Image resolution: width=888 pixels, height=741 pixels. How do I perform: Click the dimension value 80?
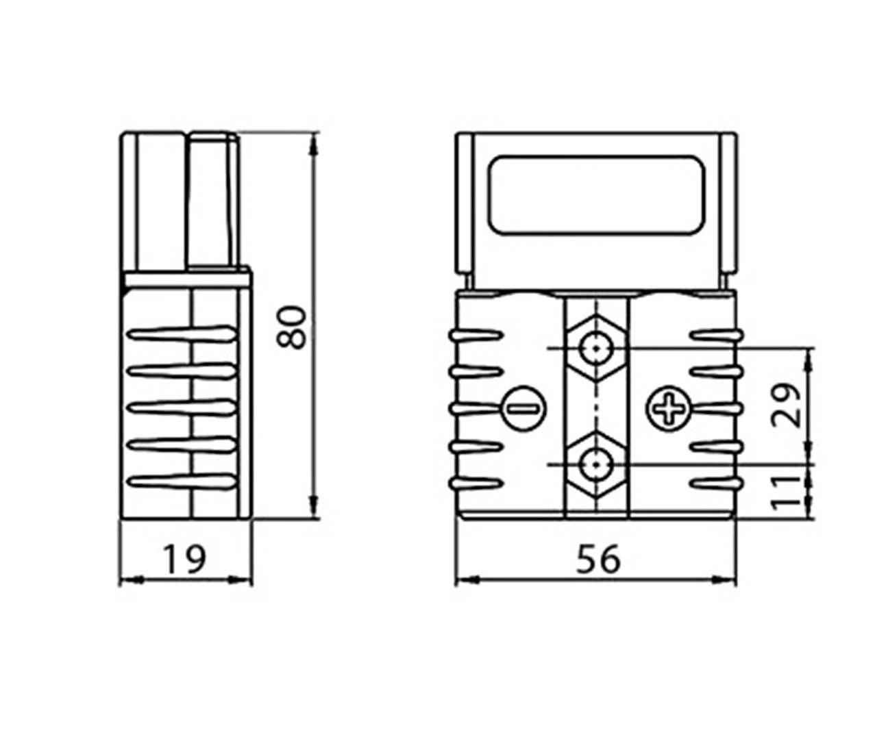pos(294,327)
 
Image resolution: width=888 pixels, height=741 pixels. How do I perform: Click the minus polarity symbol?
pos(525,409)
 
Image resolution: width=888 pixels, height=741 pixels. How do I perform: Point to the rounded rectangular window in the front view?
pos(595,194)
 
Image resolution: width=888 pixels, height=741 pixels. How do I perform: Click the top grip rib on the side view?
pos(182,334)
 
